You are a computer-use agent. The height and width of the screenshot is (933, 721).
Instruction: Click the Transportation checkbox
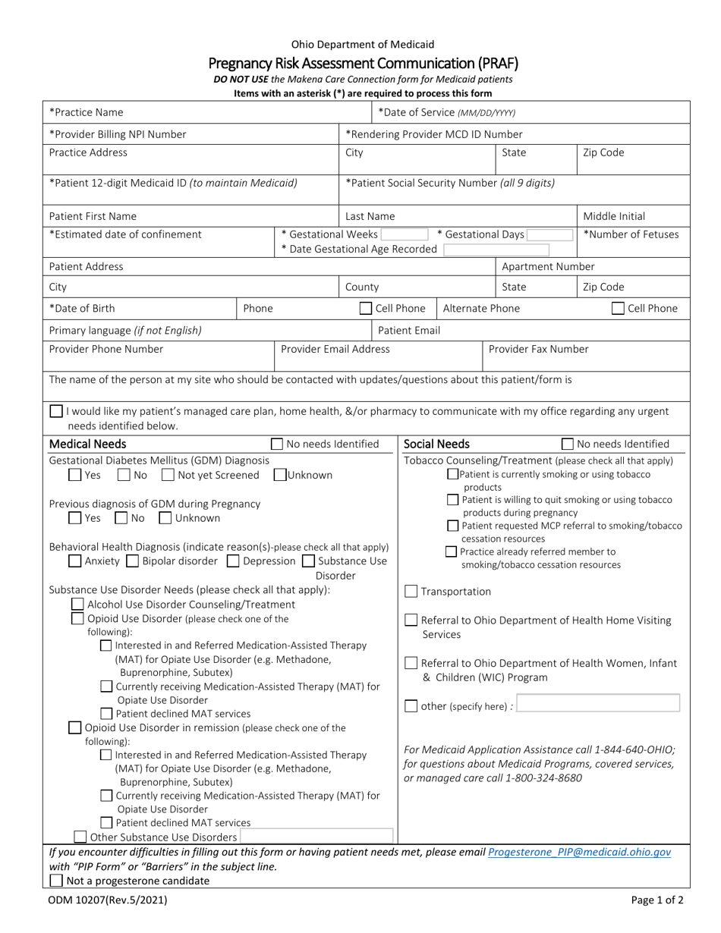tap(411, 592)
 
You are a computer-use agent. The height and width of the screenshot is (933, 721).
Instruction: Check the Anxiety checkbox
tap(75, 561)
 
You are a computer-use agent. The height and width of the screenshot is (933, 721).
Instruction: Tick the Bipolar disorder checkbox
tap(132, 561)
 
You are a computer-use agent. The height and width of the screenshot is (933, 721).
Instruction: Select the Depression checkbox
tap(234, 561)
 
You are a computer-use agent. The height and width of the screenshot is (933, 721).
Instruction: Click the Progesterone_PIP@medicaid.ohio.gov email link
tap(580, 852)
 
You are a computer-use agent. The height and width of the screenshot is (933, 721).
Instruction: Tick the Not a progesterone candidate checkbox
tap(56, 881)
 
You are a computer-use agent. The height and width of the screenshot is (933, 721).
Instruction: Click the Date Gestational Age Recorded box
tap(507, 249)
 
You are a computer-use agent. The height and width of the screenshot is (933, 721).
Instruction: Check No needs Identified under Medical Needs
tap(278, 445)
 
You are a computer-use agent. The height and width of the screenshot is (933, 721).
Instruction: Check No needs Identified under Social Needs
tap(567, 445)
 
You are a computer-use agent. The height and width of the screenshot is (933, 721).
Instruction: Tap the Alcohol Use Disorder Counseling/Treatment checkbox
tap(77, 605)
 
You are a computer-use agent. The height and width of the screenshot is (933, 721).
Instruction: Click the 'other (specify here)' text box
tap(597, 705)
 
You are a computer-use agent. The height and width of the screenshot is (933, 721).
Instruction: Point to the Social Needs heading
tap(437, 444)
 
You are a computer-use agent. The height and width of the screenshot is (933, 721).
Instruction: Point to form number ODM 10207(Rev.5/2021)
tap(108, 901)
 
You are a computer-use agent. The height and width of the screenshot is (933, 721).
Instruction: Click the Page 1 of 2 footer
tap(656, 901)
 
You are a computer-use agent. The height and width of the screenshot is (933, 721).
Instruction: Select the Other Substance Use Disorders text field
tap(316, 837)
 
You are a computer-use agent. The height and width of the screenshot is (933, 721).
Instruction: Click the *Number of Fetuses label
tap(631, 234)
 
